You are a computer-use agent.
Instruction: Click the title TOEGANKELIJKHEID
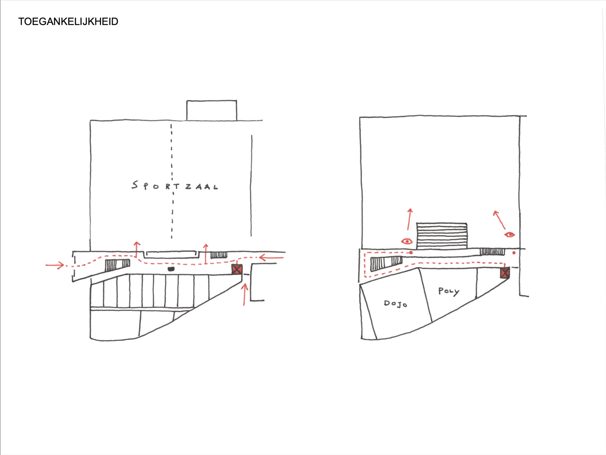point(68,22)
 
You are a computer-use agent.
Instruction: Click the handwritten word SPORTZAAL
point(174,186)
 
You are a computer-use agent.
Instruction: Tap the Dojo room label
point(395,304)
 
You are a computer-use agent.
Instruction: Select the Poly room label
point(449,291)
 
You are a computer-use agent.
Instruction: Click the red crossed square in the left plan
point(237,269)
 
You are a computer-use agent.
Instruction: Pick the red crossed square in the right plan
point(505,273)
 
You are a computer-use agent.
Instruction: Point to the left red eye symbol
point(407,241)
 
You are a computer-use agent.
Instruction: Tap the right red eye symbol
point(509,235)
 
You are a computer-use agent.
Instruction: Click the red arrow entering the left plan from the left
point(55,265)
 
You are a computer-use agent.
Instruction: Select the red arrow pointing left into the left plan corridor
point(271,258)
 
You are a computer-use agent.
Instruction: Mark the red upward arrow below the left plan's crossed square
point(244,295)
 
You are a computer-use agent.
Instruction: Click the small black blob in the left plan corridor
point(171,269)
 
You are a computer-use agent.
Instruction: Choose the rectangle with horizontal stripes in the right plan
point(442,236)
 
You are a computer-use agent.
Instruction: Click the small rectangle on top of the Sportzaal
point(211,110)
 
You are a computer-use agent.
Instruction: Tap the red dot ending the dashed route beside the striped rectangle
point(411,252)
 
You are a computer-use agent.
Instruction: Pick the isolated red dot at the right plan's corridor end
point(514,252)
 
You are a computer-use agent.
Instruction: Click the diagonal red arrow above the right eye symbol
point(499,220)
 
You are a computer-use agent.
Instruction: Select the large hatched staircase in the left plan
point(117,265)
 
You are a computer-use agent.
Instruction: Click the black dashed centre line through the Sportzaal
point(172,181)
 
